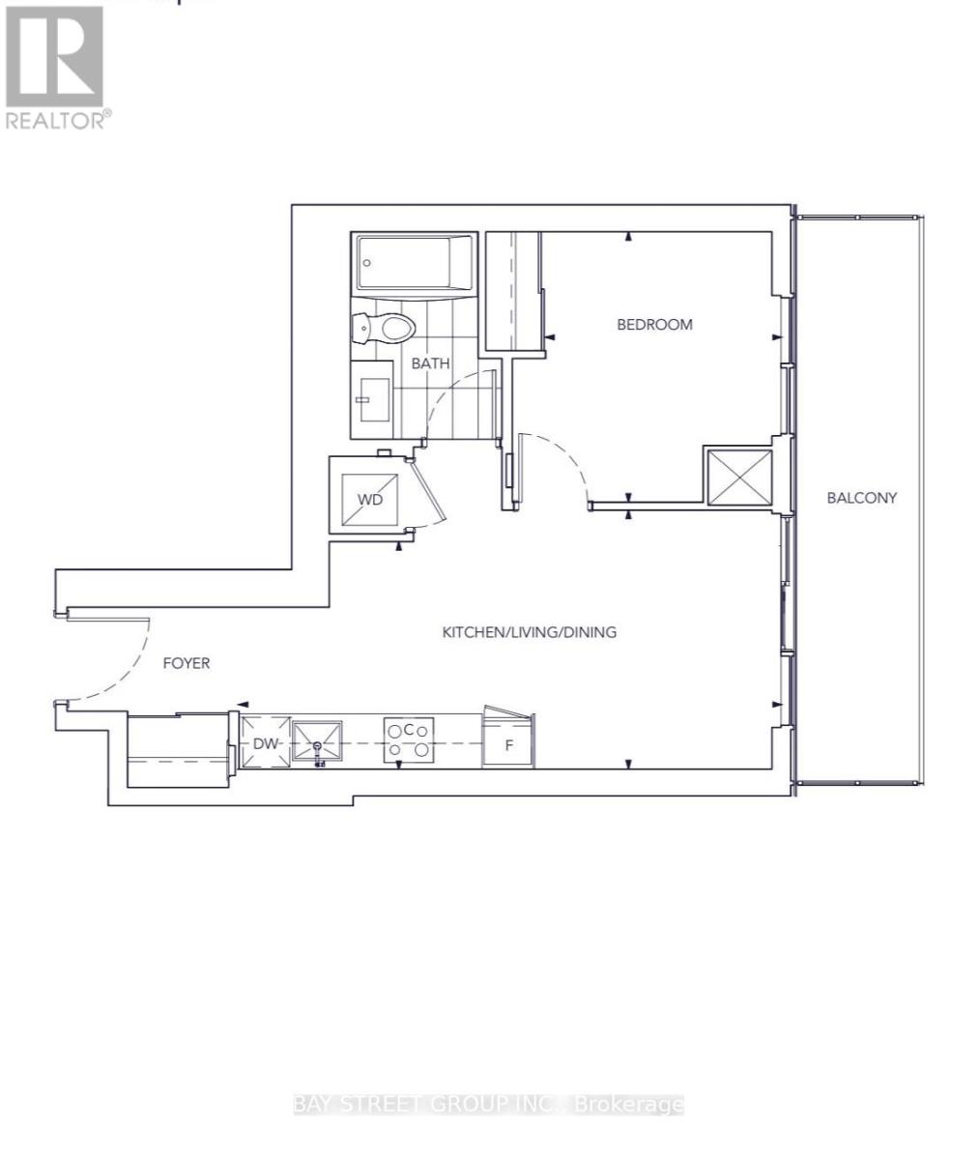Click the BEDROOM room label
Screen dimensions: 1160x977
[654, 325]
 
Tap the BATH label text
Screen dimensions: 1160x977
[430, 364]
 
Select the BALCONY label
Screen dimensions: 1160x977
[861, 499]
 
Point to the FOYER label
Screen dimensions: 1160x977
[186, 663]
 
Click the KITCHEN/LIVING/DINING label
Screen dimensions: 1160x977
[529, 633]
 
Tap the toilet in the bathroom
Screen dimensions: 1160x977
[387, 329]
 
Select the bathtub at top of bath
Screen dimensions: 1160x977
[416, 262]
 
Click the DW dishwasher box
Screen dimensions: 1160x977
[265, 743]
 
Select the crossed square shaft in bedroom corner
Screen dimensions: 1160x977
[739, 477]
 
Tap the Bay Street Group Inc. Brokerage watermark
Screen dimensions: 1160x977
[488, 1104]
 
